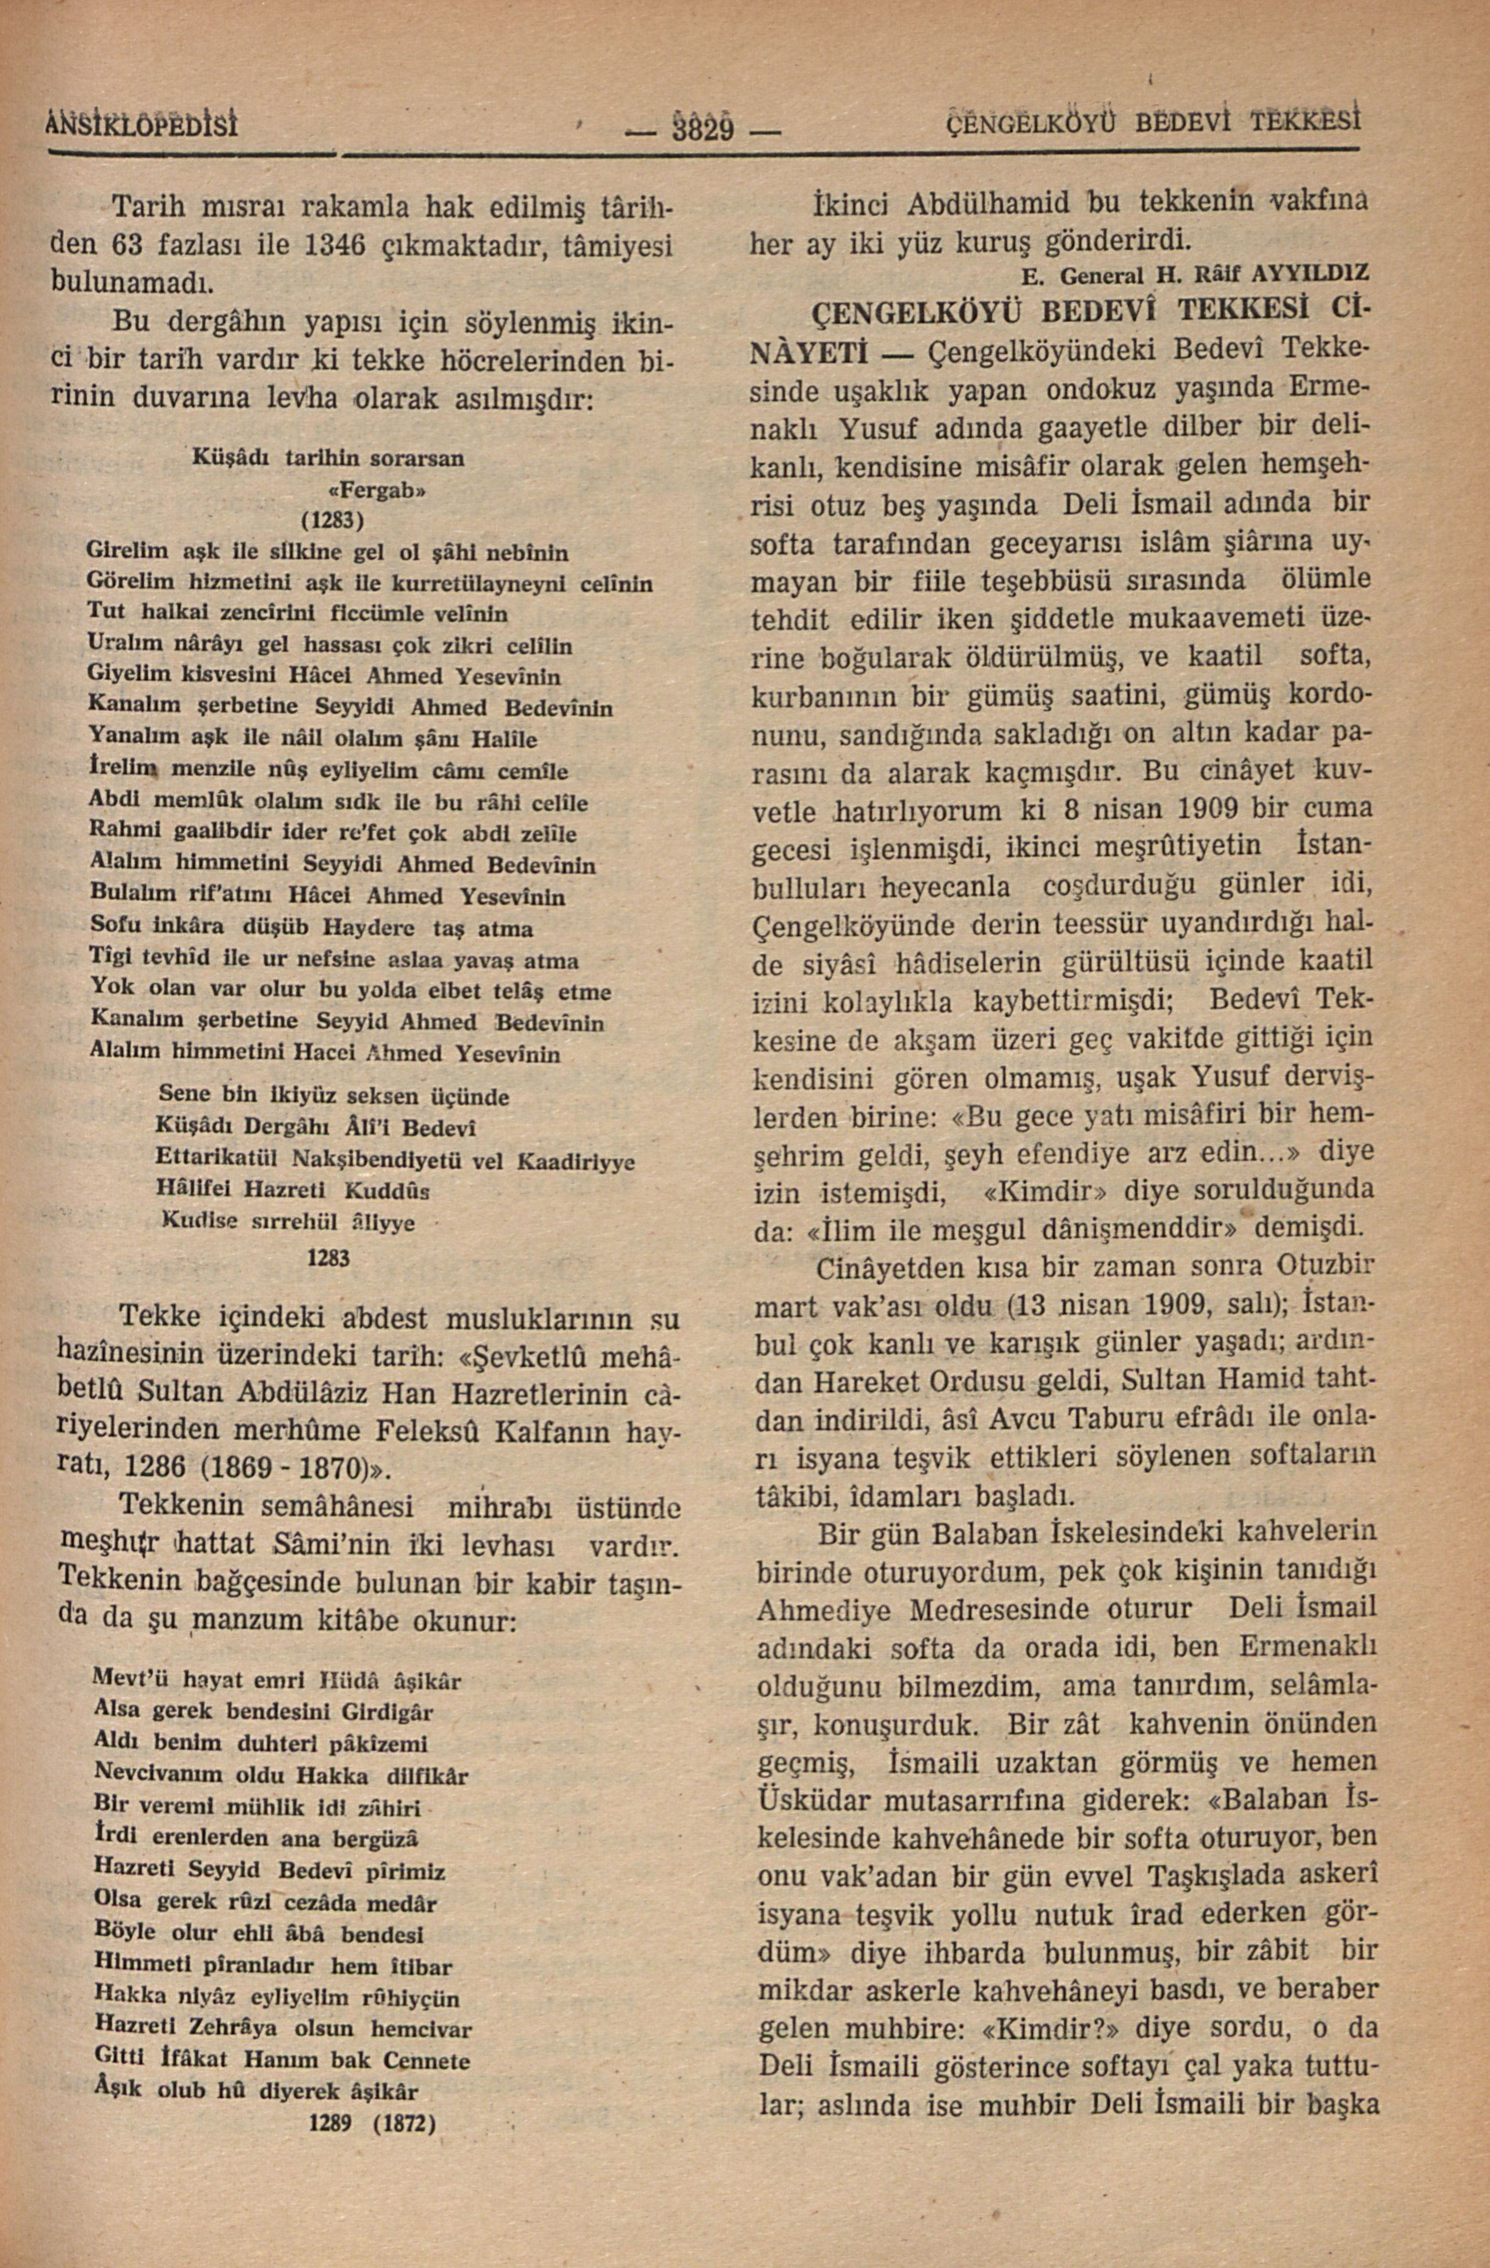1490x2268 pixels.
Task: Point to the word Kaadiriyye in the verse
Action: click(576, 1163)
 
